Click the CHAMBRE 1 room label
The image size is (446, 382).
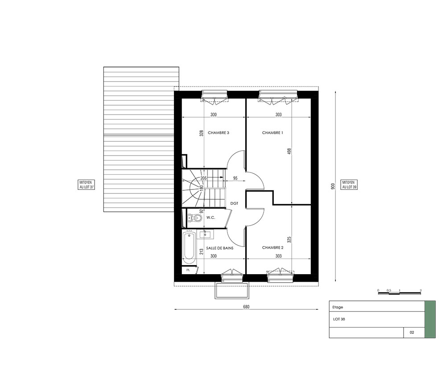[x=273, y=133]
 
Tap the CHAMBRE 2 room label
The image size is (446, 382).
[x=273, y=247]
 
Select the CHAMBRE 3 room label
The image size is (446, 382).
[x=219, y=133]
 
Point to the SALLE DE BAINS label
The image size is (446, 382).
[x=220, y=248]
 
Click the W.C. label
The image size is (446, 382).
[x=211, y=218]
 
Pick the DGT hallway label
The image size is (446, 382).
[x=234, y=204]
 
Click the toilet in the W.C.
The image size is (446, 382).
[x=194, y=218]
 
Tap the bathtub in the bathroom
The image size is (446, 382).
[x=189, y=248]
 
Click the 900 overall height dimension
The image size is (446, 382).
[x=333, y=186]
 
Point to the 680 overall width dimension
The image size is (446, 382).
[x=246, y=307]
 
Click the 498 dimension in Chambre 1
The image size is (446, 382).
[x=289, y=151]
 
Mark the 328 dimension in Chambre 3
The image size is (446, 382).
[x=202, y=133]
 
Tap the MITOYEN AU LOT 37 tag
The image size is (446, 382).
[x=86, y=185]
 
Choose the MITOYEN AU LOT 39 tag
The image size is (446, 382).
[x=349, y=185]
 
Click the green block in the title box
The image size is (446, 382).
[x=430, y=319]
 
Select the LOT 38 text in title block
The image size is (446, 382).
[x=339, y=319]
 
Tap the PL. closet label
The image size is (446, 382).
[x=188, y=270]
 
